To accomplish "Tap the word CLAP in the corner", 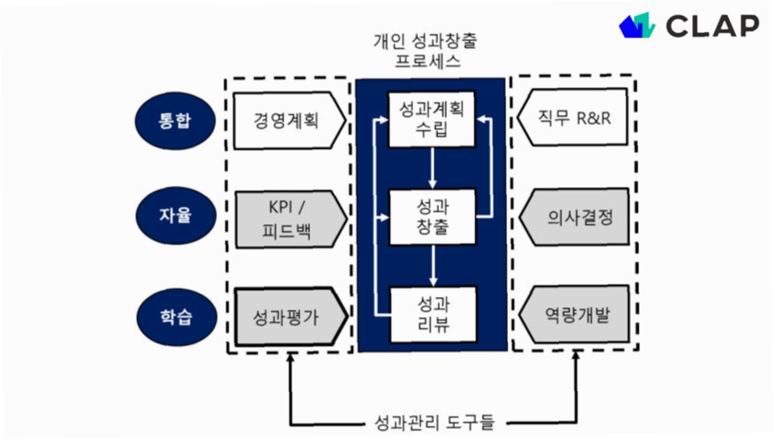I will click(713, 26).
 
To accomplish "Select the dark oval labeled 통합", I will click(175, 121).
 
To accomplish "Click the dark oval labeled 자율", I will click(176, 215).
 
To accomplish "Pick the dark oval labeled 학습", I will click(177, 317).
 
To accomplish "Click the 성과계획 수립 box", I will click(431, 119).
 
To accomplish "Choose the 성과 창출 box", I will click(432, 217).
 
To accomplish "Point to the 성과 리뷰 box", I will click(433, 315).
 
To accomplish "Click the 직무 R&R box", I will click(574, 118).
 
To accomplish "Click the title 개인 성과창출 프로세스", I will click(426, 51).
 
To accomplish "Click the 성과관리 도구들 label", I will click(435, 423).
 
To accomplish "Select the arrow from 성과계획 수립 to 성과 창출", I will click(432, 168).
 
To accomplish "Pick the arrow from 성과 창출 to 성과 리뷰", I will click(433, 265).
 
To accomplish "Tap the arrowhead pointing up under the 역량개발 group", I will click(576, 355).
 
